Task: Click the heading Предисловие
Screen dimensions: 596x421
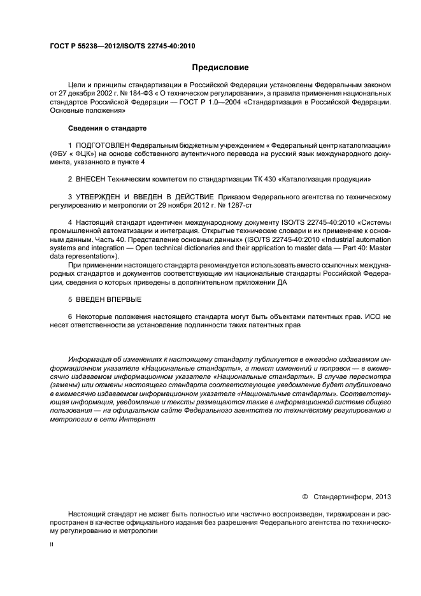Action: [x=220, y=67]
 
